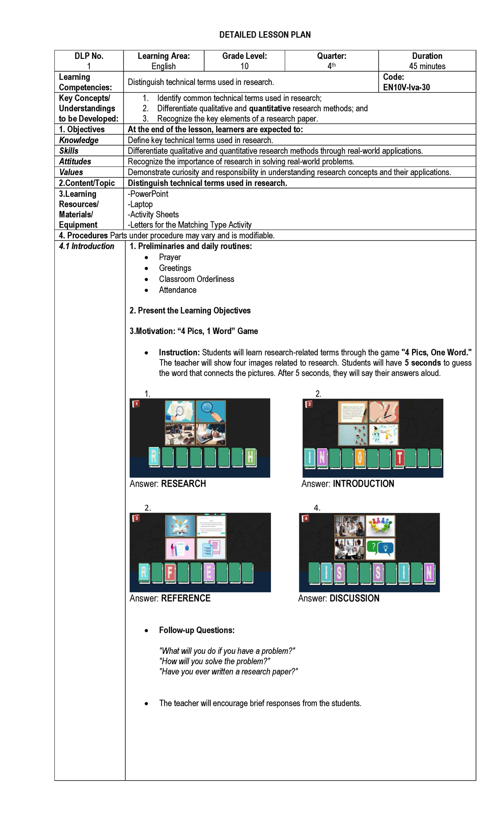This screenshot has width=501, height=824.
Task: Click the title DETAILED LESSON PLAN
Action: pos(265,35)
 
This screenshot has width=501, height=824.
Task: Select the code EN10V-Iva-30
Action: pos(406,87)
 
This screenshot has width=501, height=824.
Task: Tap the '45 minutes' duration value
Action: pos(427,66)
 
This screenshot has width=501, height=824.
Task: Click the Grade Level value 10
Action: pos(244,66)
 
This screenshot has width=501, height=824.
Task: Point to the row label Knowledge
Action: pos(79,140)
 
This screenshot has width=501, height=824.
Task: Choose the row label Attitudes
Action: pos(75,161)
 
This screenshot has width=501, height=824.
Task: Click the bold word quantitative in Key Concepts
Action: pos(270,108)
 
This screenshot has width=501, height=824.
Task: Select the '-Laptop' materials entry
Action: pos(141,204)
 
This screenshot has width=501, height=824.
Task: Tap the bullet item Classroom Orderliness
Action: pos(196,279)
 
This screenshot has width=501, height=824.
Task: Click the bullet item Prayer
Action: pos(170,257)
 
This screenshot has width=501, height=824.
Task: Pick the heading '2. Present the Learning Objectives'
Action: pos(190,310)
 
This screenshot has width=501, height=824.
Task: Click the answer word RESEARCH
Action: pos(183,484)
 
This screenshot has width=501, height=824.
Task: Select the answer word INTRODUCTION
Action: pos(363,484)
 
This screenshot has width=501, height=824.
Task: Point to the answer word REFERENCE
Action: pos(186,598)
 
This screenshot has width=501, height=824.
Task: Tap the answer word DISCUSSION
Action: pos(354,598)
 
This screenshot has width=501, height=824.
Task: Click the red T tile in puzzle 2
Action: pos(399,458)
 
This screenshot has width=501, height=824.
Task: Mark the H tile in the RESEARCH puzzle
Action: pos(250,457)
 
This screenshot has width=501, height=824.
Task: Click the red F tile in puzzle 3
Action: pos(170,573)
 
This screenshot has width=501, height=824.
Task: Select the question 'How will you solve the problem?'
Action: pos(215,661)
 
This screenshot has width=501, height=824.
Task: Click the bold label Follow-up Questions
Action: pos(197,630)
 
